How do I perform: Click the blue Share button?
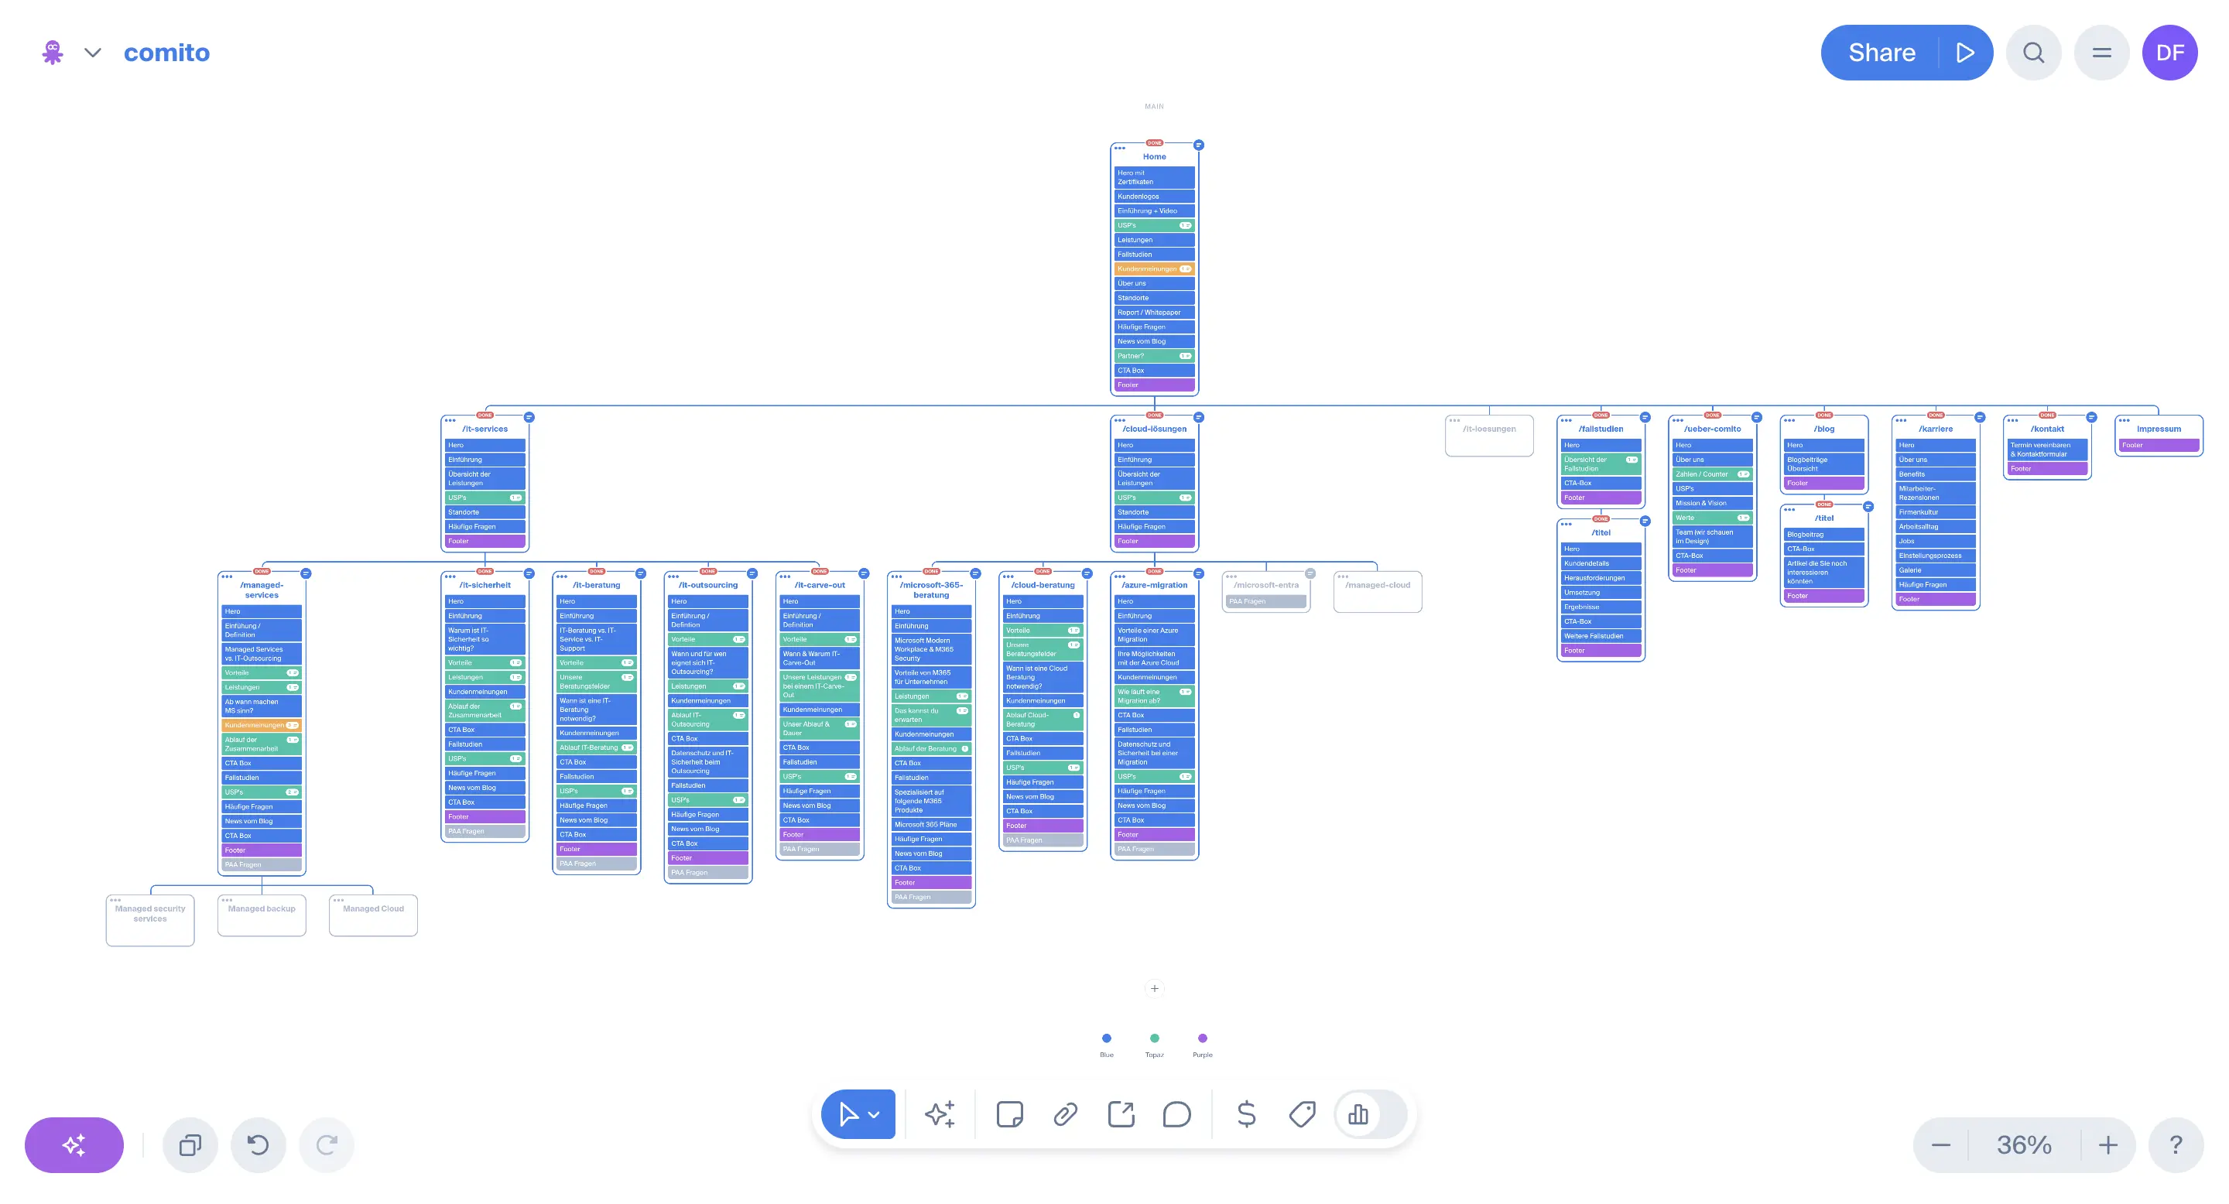[1881, 53]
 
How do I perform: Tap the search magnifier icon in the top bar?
[2033, 53]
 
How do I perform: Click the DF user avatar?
[2169, 53]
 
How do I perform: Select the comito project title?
[167, 53]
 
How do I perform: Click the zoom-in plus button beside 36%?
[2107, 1145]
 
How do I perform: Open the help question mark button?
[2176, 1145]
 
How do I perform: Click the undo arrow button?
[258, 1145]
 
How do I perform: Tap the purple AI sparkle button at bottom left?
[74, 1145]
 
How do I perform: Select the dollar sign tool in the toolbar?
[1246, 1114]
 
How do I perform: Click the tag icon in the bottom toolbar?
[1301, 1114]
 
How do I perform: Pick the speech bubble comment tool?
[1176, 1114]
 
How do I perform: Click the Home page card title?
[1154, 156]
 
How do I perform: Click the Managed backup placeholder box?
[262, 915]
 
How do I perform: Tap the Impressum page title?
[2158, 429]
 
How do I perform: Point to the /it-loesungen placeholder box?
[1489, 435]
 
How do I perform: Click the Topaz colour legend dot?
[1154, 1038]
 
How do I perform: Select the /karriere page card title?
[1936, 429]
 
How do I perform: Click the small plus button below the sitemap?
[1154, 989]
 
